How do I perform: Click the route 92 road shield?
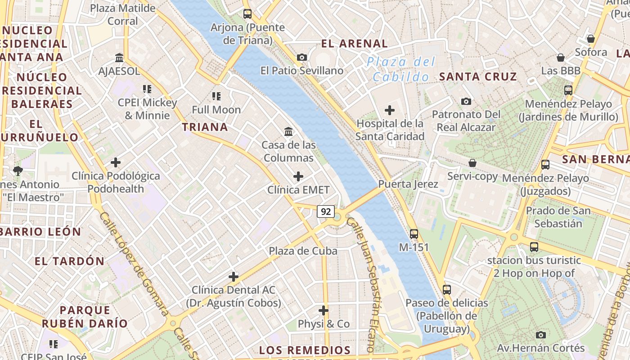(x=325, y=211)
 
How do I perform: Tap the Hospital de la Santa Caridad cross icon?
(x=390, y=110)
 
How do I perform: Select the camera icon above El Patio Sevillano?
(x=302, y=57)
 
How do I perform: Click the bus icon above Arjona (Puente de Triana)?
(x=247, y=13)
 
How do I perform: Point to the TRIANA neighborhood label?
(x=205, y=127)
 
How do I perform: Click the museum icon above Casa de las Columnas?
(x=288, y=131)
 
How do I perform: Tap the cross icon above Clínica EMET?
(x=298, y=176)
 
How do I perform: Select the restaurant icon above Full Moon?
(x=216, y=96)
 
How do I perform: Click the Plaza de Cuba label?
(x=303, y=251)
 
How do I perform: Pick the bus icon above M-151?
(x=414, y=234)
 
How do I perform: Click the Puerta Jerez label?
(x=408, y=184)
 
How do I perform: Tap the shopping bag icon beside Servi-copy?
(x=472, y=162)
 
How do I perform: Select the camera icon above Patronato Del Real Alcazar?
(x=466, y=101)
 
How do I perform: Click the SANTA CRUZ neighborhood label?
(x=478, y=76)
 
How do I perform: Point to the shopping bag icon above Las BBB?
(x=561, y=58)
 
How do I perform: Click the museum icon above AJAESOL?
(x=119, y=58)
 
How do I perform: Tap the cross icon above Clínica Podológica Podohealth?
(x=116, y=162)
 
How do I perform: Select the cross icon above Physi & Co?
(x=323, y=310)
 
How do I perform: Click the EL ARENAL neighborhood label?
(x=354, y=44)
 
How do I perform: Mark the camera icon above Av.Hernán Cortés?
(x=541, y=334)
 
